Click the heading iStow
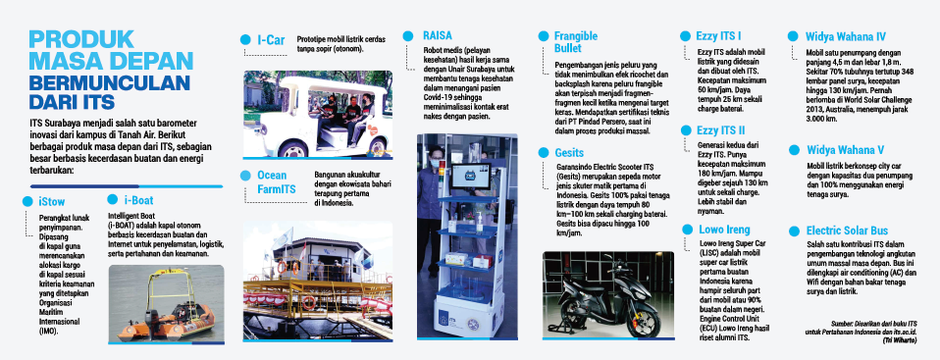tap(51, 202)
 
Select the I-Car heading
tap(271, 40)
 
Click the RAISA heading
tap(437, 36)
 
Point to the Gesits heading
tap(569, 153)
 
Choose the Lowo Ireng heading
tap(724, 230)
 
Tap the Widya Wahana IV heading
tap(846, 36)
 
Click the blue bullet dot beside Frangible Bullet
tap(544, 36)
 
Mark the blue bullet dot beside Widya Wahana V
tap(795, 150)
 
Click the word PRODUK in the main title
tap(82, 39)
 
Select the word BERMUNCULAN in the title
tap(110, 82)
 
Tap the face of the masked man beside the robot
tap(437, 156)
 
